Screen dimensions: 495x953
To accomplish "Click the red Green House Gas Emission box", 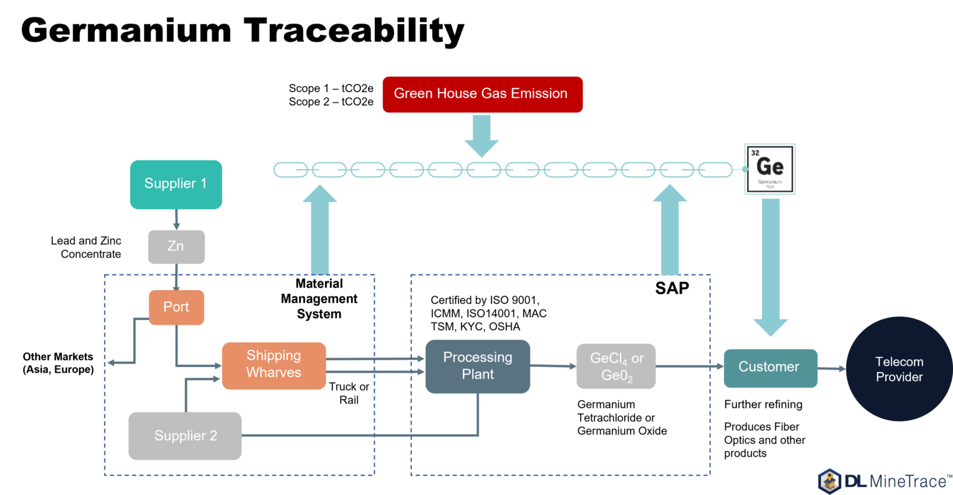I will pyautogui.click(x=482, y=94).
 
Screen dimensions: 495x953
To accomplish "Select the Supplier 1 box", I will pyautogui.click(x=176, y=184).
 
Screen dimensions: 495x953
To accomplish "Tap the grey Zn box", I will pyautogui.click(x=176, y=247).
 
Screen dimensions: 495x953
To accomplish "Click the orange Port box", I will pyautogui.click(x=176, y=307).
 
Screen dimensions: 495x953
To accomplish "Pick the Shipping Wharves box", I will pyautogui.click(x=274, y=365).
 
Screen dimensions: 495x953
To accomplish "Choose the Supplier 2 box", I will pyautogui.click(x=185, y=435).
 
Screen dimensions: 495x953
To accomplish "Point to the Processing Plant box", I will pyautogui.click(x=477, y=366).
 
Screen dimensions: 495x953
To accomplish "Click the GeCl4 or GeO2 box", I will pyautogui.click(x=616, y=366).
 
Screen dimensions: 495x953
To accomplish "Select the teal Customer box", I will pyautogui.click(x=770, y=368).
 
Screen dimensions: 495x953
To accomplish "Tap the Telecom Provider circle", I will pyautogui.click(x=899, y=369).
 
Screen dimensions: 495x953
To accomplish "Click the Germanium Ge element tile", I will pyautogui.click(x=770, y=169).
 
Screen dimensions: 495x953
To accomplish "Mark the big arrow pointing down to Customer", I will pyautogui.click(x=771, y=267).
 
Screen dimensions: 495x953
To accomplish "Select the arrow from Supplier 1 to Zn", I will pyautogui.click(x=176, y=220).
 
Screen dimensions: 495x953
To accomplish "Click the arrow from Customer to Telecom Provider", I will pyautogui.click(x=832, y=368).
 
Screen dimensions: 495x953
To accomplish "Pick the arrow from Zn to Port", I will pyautogui.click(x=176, y=278).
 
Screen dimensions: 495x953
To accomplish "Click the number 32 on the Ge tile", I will pyautogui.click(x=755, y=153).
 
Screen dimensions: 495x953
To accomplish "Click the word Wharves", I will pyautogui.click(x=274, y=373).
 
